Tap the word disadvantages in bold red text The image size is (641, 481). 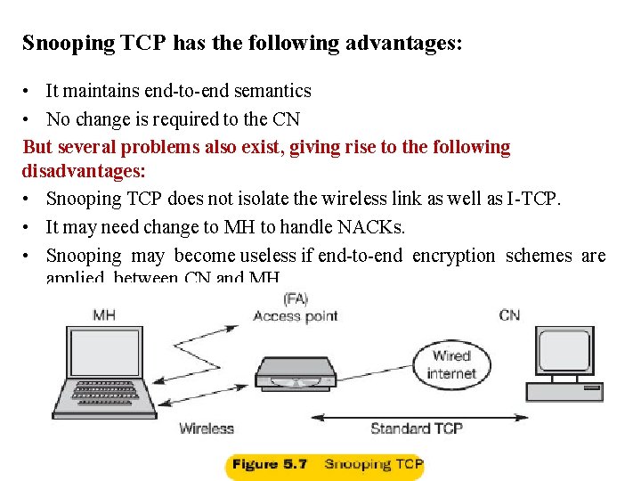click(84, 169)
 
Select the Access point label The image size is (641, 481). click(295, 315)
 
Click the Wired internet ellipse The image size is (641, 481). click(451, 364)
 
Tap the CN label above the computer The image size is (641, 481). click(509, 314)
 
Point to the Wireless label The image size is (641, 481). click(207, 428)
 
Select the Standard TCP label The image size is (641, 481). click(416, 428)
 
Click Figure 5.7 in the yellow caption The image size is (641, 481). click(269, 464)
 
